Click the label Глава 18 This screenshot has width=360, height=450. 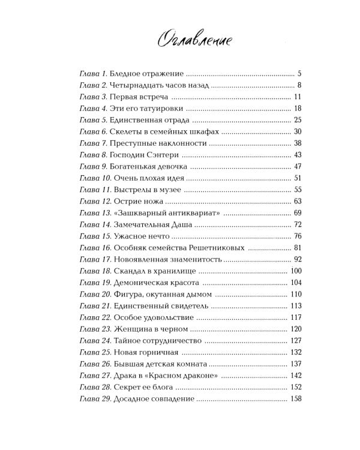pyautogui.click(x=95, y=271)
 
